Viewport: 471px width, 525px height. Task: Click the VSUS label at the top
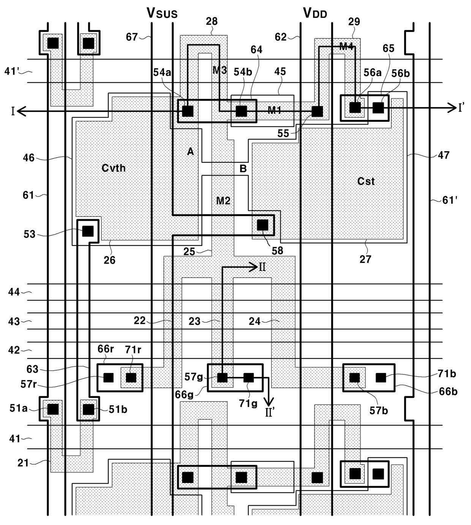pos(162,13)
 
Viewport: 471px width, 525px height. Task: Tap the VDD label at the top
pos(315,13)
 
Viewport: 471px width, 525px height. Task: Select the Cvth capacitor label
pos(114,168)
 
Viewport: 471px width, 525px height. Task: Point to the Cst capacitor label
pos(366,181)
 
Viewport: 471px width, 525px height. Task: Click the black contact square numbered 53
pos(88,231)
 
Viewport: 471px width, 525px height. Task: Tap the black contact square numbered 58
pos(262,225)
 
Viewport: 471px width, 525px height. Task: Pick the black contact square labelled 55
pos(317,112)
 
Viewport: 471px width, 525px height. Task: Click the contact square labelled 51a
pos(53,409)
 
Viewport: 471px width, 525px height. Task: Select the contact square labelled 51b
pos(89,409)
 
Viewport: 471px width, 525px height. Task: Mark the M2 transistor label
pos(223,201)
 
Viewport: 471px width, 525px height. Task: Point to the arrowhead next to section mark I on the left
pos(22,112)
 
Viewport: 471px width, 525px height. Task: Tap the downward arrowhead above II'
pos(269,402)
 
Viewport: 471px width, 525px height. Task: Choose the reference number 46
pos(28,157)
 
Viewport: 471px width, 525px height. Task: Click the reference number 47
pos(444,155)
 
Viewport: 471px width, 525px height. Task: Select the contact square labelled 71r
pos(131,377)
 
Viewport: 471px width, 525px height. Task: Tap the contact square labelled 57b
pos(354,377)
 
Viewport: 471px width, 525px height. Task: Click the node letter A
pos(190,151)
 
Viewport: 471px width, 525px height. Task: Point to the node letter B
pos(243,168)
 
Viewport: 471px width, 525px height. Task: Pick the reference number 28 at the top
pos(212,21)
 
